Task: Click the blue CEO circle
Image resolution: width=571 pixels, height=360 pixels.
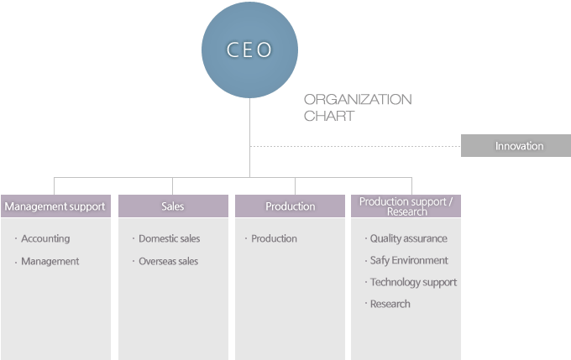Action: [249, 50]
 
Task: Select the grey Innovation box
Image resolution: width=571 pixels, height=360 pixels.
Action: [516, 146]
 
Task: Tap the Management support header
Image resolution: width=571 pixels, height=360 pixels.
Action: [55, 206]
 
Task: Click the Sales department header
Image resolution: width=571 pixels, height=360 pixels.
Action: [173, 206]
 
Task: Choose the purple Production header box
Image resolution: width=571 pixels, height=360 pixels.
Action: [290, 206]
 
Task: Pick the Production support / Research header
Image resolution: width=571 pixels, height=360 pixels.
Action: [406, 206]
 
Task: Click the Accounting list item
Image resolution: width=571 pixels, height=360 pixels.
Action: [45, 239]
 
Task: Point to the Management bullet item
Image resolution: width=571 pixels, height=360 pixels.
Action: [50, 261]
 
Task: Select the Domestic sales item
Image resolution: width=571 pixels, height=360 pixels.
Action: [170, 239]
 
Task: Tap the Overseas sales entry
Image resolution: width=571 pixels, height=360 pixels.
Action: [168, 261]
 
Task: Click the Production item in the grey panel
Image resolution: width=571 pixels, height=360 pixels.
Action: [275, 239]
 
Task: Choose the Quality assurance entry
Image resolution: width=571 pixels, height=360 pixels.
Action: [409, 239]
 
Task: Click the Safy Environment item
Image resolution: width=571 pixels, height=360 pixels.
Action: [409, 261]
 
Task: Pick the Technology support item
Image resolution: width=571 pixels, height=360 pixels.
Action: [413, 283]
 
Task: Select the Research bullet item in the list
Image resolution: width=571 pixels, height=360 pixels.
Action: [390, 304]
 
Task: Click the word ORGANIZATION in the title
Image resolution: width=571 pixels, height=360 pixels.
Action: [358, 99]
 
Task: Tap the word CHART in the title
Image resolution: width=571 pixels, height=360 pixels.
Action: [329, 116]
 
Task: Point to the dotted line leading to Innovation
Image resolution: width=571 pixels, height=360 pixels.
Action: [355, 146]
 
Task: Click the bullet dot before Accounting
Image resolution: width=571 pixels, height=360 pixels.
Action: [16, 239]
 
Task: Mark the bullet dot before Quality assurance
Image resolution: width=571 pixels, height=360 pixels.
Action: [365, 239]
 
